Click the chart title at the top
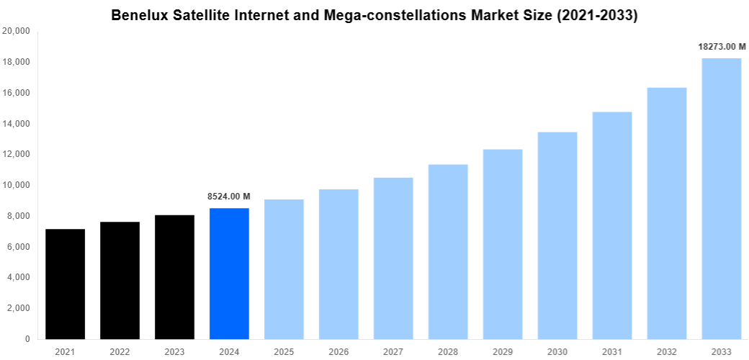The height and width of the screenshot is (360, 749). pyautogui.click(x=374, y=15)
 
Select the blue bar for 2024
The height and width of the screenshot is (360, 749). pyautogui.click(x=229, y=274)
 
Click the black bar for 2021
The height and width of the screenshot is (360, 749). pyautogui.click(x=65, y=284)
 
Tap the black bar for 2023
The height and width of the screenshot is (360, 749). pyautogui.click(x=174, y=277)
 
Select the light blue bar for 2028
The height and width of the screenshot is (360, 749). pyautogui.click(x=448, y=252)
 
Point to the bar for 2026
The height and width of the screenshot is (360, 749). pyautogui.click(x=338, y=264)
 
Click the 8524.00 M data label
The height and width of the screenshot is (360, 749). pyautogui.click(x=229, y=197)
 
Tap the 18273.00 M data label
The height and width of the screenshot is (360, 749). pyautogui.click(x=721, y=47)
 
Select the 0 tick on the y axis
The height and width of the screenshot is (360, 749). pyautogui.click(x=27, y=339)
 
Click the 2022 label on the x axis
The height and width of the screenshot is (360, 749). pyautogui.click(x=120, y=351)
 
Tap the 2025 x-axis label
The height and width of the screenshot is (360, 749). pyautogui.click(x=284, y=351)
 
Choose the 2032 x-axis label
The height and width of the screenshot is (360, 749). pyautogui.click(x=667, y=351)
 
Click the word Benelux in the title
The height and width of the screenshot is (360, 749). pyautogui.click(x=140, y=15)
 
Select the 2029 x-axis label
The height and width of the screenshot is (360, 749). pyautogui.click(x=503, y=351)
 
